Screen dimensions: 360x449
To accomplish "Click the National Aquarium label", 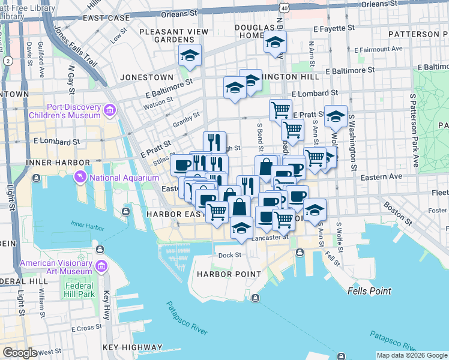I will [123, 177].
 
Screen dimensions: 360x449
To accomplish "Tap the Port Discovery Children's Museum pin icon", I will [109, 110].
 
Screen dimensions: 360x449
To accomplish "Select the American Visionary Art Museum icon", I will [101, 265].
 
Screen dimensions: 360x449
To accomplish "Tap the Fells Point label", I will [369, 291].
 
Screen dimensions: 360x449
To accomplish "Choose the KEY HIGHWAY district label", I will [132, 347].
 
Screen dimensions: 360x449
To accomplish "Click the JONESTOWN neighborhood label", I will [146, 77].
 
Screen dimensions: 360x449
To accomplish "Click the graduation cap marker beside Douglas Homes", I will [275, 41].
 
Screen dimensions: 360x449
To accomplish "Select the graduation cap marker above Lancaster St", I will [241, 228].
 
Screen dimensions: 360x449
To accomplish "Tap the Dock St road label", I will [229, 254].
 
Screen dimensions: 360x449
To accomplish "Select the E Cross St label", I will [86, 329].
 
